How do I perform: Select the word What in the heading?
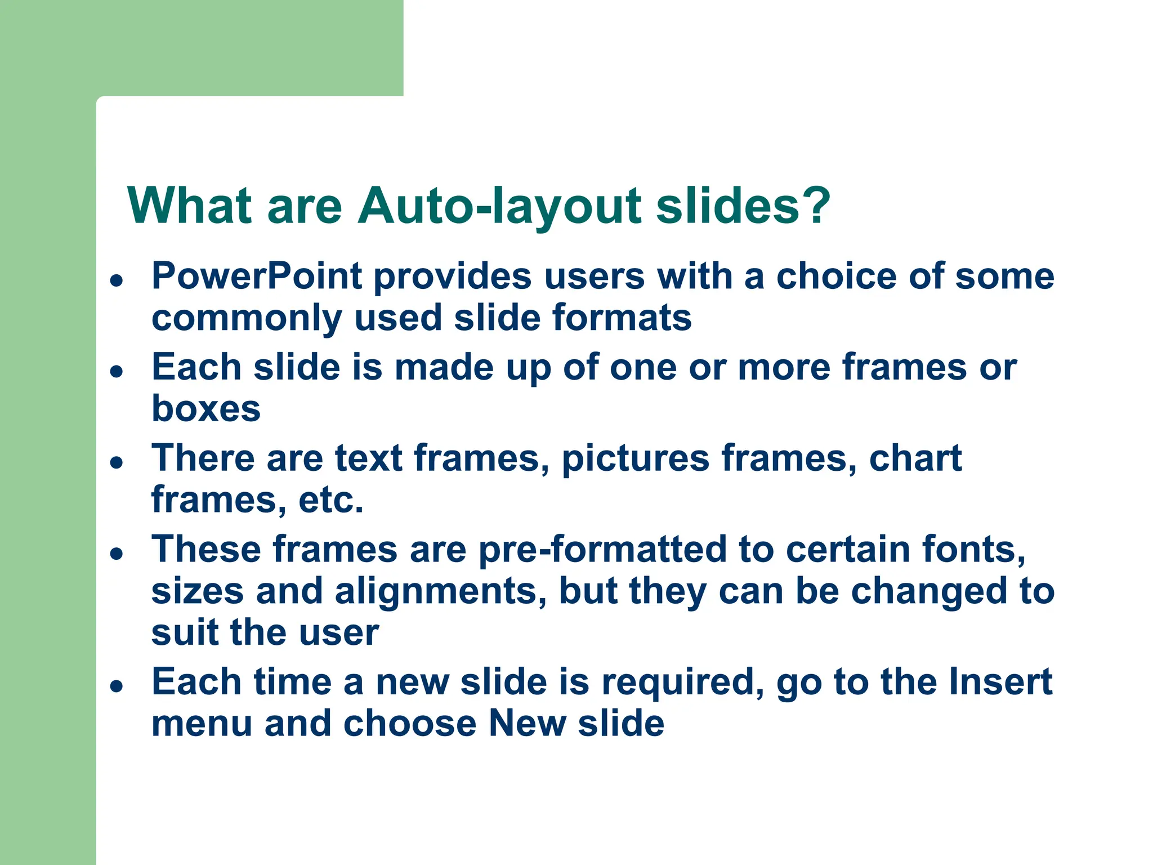pos(189,206)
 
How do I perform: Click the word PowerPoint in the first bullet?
pos(257,277)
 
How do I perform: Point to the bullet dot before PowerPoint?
pos(117,280)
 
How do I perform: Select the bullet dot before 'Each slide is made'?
pos(117,371)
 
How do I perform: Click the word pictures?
pos(636,459)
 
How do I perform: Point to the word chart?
pos(915,458)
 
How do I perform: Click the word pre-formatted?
pos(602,550)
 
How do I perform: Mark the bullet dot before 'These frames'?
pos(117,553)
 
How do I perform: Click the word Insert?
pos(1000,682)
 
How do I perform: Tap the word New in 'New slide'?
pos(527,724)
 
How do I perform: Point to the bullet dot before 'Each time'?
pos(117,686)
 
